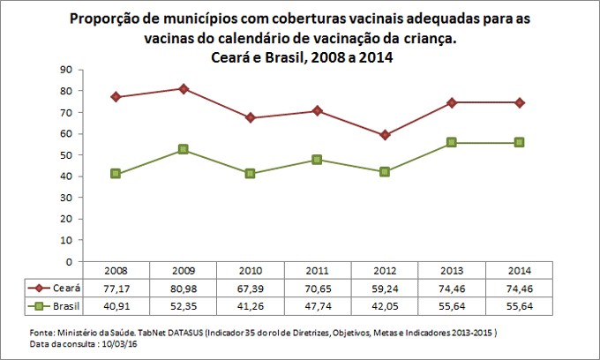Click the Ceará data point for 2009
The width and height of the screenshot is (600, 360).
183,88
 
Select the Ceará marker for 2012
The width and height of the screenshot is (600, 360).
385,135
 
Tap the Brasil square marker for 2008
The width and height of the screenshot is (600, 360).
116,174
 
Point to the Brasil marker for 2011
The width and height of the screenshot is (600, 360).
318,160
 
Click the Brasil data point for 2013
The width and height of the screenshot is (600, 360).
453,142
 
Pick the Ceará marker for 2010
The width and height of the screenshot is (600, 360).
251,117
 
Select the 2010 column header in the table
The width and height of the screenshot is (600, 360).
251,270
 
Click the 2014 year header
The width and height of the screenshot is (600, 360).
520,270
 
